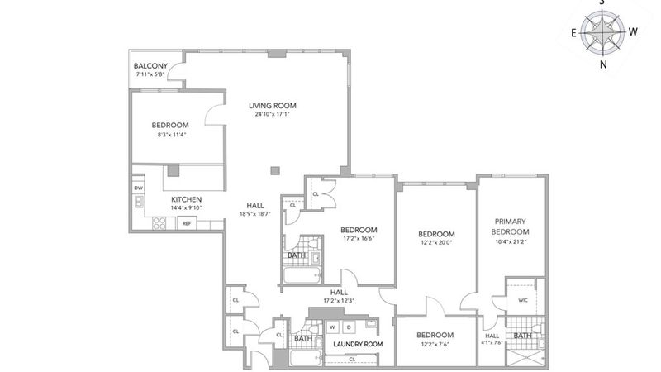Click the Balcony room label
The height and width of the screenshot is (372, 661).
click(150, 66)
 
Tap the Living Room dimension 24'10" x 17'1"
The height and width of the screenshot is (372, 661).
click(273, 114)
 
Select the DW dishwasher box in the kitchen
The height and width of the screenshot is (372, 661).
click(138, 188)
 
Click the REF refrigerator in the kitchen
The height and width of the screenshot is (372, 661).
click(187, 223)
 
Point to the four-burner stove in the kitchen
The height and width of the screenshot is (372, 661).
click(159, 223)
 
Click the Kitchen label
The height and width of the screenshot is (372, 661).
click(187, 199)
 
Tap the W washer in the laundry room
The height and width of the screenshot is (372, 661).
click(333, 327)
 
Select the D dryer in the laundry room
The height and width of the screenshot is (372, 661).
click(349, 327)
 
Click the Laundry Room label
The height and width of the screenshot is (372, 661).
click(358, 344)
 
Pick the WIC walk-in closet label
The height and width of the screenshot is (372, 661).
click(523, 300)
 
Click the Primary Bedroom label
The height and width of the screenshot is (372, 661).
click(510, 227)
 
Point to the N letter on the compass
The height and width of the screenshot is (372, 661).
click(603, 64)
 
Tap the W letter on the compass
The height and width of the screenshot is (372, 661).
click(633, 31)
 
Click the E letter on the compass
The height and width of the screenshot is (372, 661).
click(573, 33)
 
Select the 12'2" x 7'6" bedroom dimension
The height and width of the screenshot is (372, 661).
click(435, 344)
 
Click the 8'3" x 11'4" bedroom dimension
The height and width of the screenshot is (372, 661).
click(172, 135)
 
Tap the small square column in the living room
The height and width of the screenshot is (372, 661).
click(275, 170)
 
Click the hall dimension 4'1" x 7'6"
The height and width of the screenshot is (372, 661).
click(492, 342)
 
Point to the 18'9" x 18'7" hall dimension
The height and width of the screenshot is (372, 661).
click(255, 214)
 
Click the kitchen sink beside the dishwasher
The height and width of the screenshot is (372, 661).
click(139, 202)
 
